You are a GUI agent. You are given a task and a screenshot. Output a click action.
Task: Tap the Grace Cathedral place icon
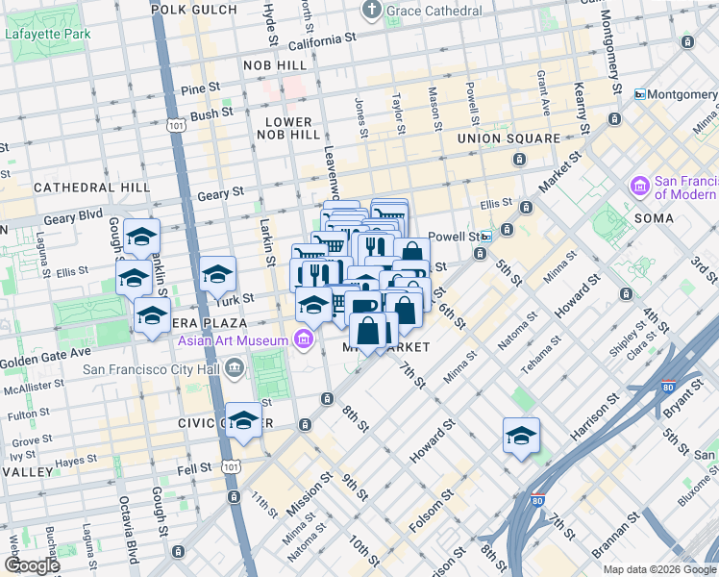(371, 11)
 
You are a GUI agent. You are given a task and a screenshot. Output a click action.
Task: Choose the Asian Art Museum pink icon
(304, 340)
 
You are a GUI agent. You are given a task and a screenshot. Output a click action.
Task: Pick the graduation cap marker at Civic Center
(244, 420)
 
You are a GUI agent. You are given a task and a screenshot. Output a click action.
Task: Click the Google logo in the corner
(31, 565)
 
